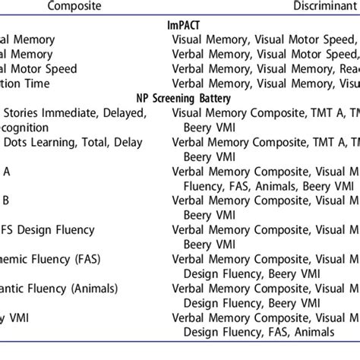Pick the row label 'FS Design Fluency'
click(x=53, y=229)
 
